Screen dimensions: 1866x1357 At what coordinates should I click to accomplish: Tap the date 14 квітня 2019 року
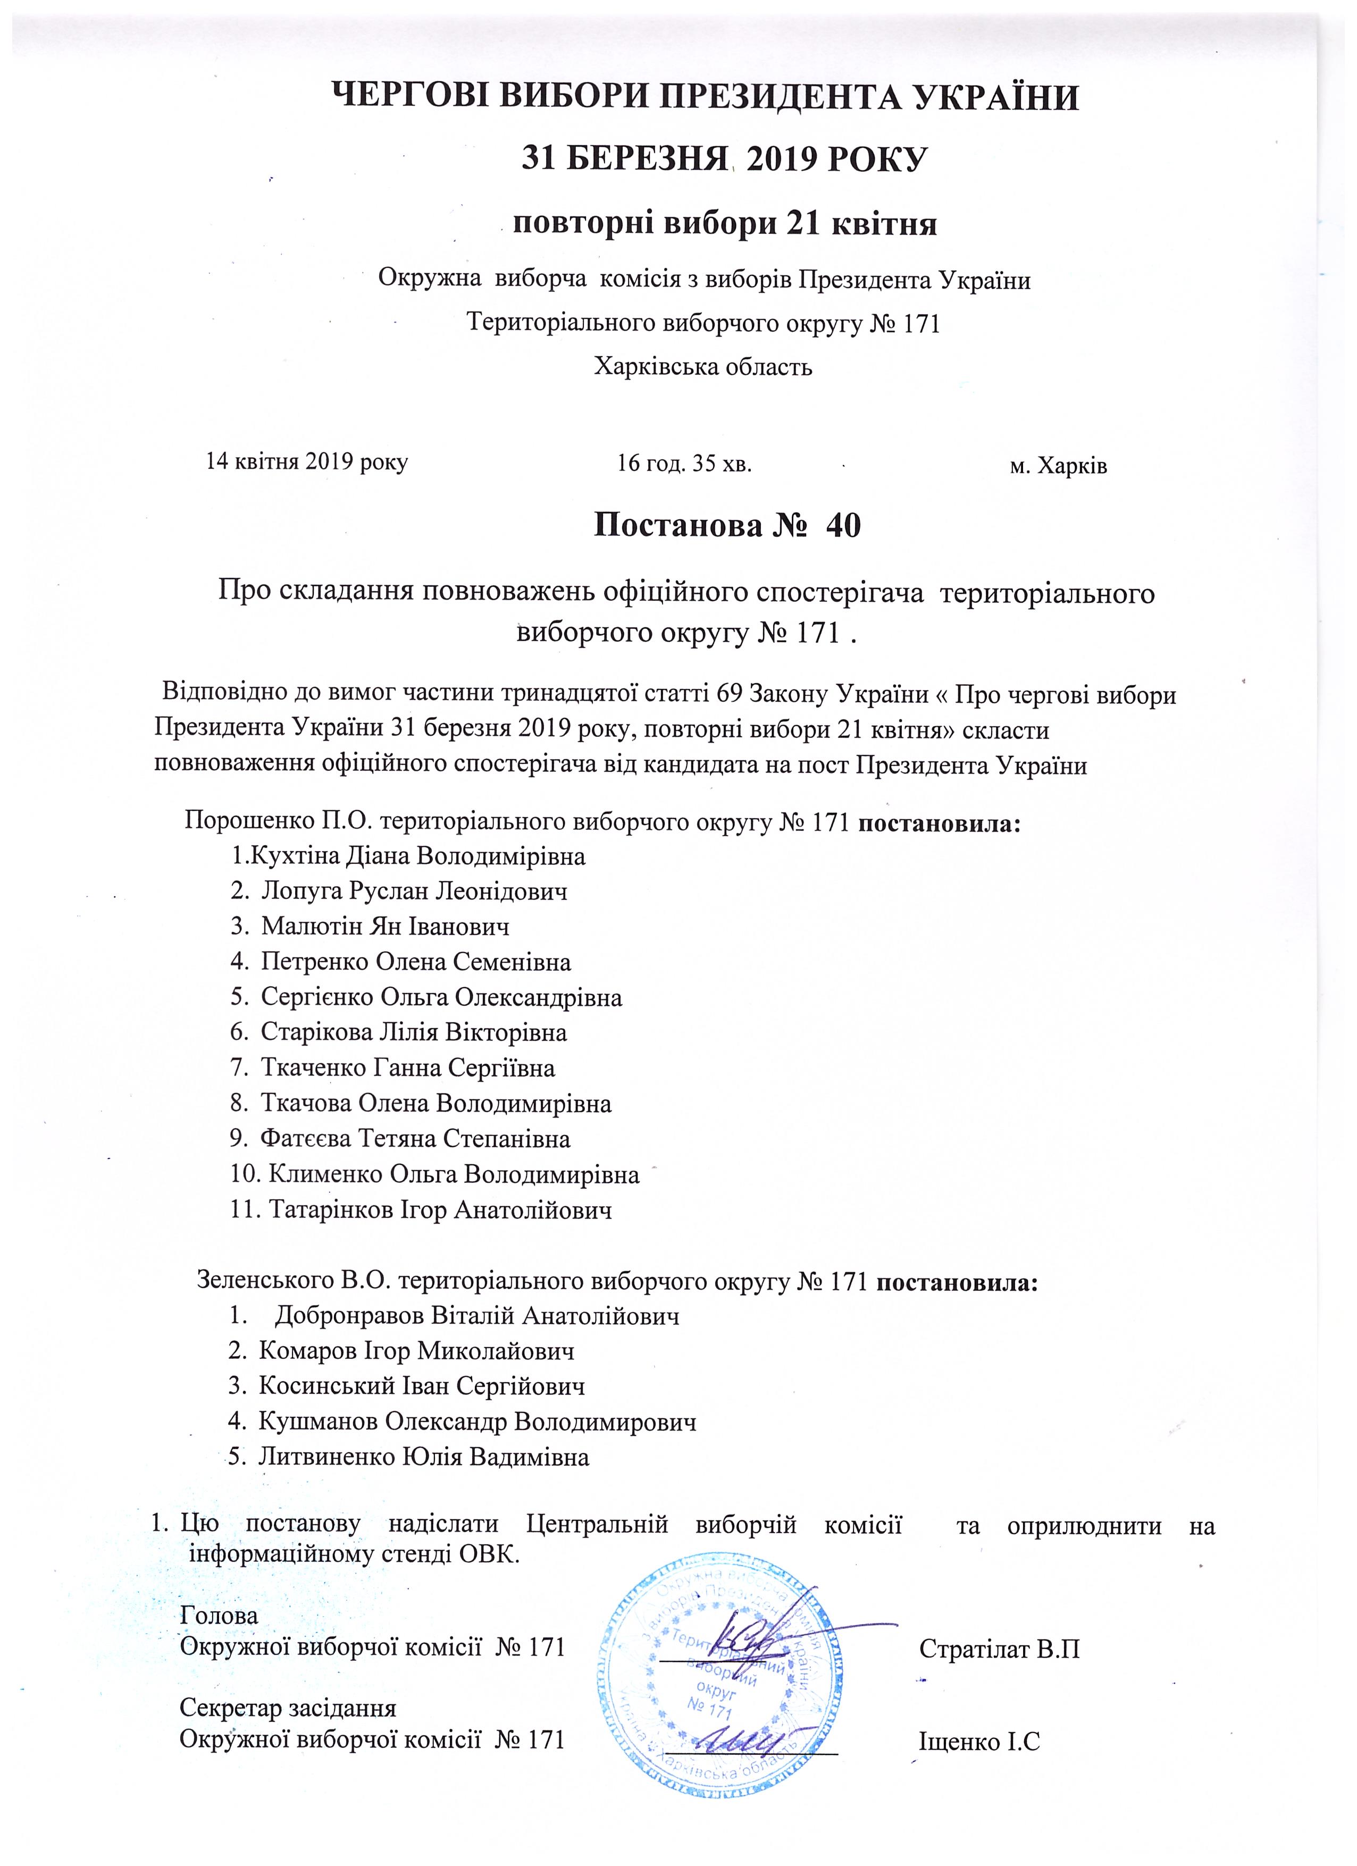coord(306,461)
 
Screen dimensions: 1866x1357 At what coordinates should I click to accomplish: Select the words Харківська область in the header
coord(703,366)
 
